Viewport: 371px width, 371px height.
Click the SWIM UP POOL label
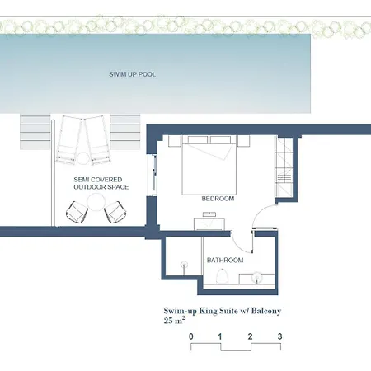point(132,74)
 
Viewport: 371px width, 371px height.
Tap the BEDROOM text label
point(218,199)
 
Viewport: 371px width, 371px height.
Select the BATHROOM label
point(225,260)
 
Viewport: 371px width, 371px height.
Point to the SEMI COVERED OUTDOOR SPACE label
point(101,183)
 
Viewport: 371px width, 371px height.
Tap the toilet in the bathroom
point(222,276)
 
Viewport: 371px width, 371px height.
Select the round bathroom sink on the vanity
point(257,277)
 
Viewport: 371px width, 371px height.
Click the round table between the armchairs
point(96,202)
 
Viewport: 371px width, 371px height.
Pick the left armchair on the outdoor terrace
point(77,212)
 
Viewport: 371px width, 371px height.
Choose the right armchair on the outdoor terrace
point(115,212)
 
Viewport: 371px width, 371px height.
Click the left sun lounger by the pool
point(68,140)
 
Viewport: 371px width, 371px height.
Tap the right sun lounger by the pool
point(97,140)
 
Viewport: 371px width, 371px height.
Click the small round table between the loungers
point(82,158)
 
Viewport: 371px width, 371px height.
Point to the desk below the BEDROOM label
point(209,224)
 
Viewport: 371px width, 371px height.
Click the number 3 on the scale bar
point(279,336)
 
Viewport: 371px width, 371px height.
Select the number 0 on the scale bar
point(191,336)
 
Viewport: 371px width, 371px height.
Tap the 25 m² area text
point(174,320)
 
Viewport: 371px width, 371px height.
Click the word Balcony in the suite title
point(266,311)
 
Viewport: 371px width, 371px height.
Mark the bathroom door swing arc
point(238,246)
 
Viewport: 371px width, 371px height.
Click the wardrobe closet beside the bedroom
point(284,167)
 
